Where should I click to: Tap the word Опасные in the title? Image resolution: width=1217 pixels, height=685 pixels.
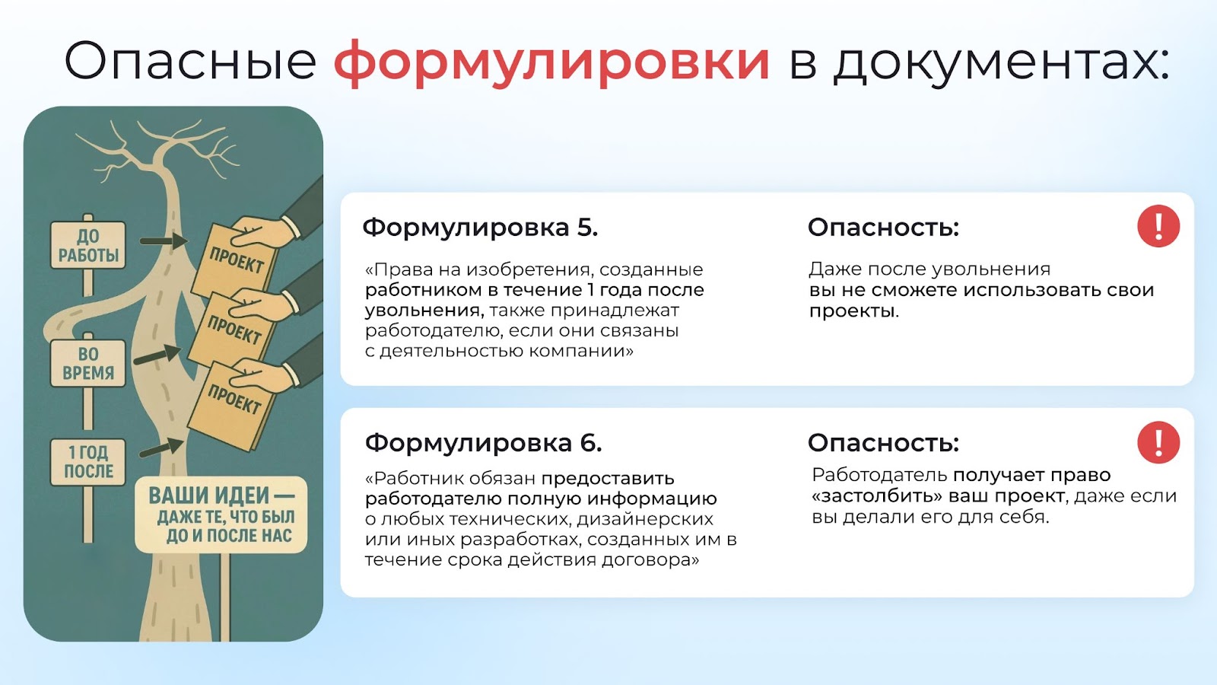(x=190, y=61)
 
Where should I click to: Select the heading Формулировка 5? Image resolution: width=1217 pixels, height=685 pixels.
(x=480, y=228)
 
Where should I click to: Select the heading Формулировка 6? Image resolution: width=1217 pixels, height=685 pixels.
(x=484, y=443)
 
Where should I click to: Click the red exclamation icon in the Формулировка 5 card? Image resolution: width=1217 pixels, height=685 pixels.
(x=1158, y=226)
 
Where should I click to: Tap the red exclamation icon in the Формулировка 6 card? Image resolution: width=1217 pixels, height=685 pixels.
(x=1158, y=442)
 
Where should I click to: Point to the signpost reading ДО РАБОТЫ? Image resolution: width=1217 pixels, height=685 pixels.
(x=88, y=245)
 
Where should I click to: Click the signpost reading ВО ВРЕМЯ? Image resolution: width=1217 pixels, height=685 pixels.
(x=88, y=363)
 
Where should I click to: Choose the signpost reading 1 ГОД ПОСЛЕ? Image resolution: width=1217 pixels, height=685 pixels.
(x=88, y=462)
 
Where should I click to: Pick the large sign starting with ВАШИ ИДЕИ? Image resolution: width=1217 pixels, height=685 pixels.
(x=221, y=515)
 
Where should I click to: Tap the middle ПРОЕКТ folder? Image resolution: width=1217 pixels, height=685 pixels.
(x=233, y=330)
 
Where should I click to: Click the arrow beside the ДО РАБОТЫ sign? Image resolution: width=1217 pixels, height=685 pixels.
(x=164, y=241)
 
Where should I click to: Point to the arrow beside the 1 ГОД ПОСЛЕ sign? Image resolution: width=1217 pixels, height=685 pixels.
(x=161, y=448)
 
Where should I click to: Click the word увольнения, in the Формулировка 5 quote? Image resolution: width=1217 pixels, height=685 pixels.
(x=424, y=311)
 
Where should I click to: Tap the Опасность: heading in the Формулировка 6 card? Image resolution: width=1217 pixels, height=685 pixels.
(x=883, y=443)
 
